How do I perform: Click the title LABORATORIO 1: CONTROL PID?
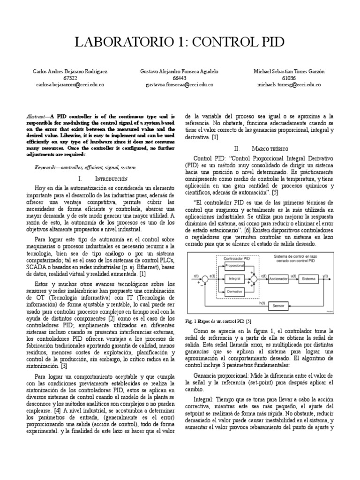coord(180,42)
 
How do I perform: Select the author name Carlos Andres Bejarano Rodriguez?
coord(70,71)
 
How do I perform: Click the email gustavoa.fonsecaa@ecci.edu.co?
coord(180,85)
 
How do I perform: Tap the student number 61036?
coord(289,78)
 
